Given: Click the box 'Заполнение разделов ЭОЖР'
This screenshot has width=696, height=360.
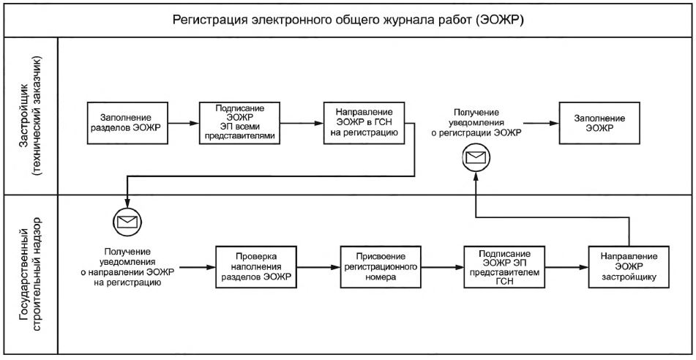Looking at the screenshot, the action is click(127, 123).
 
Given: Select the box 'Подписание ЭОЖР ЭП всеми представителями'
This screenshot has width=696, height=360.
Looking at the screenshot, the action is click(239, 123).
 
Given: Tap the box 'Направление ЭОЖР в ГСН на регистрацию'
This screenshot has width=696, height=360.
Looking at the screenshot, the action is click(364, 123).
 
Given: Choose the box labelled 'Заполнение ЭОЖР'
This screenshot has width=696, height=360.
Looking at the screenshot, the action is click(599, 123).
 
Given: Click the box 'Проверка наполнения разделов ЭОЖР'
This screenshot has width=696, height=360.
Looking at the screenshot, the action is click(256, 267).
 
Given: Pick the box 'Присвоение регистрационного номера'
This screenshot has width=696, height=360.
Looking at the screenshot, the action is click(381, 267).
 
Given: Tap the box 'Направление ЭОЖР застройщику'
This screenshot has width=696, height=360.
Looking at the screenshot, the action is click(629, 267).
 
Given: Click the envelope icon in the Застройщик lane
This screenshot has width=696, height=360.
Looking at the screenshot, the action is click(475, 157).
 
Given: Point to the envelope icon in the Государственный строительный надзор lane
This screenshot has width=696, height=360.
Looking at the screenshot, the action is click(127, 220).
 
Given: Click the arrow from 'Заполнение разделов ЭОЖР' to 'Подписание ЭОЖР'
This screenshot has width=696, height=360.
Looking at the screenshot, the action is click(183, 123).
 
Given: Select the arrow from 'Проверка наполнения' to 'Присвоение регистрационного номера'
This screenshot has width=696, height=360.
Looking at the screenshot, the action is click(318, 267).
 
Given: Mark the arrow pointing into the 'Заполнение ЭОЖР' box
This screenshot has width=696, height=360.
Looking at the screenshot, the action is click(541, 123).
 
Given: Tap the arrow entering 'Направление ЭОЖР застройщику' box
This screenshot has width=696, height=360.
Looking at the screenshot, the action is click(566, 267).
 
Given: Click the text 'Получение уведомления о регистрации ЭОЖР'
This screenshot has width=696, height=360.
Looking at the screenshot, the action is click(476, 122).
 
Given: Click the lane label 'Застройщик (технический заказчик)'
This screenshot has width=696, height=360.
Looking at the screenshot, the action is click(31, 116).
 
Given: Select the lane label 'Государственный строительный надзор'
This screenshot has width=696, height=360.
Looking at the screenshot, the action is click(31, 275).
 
